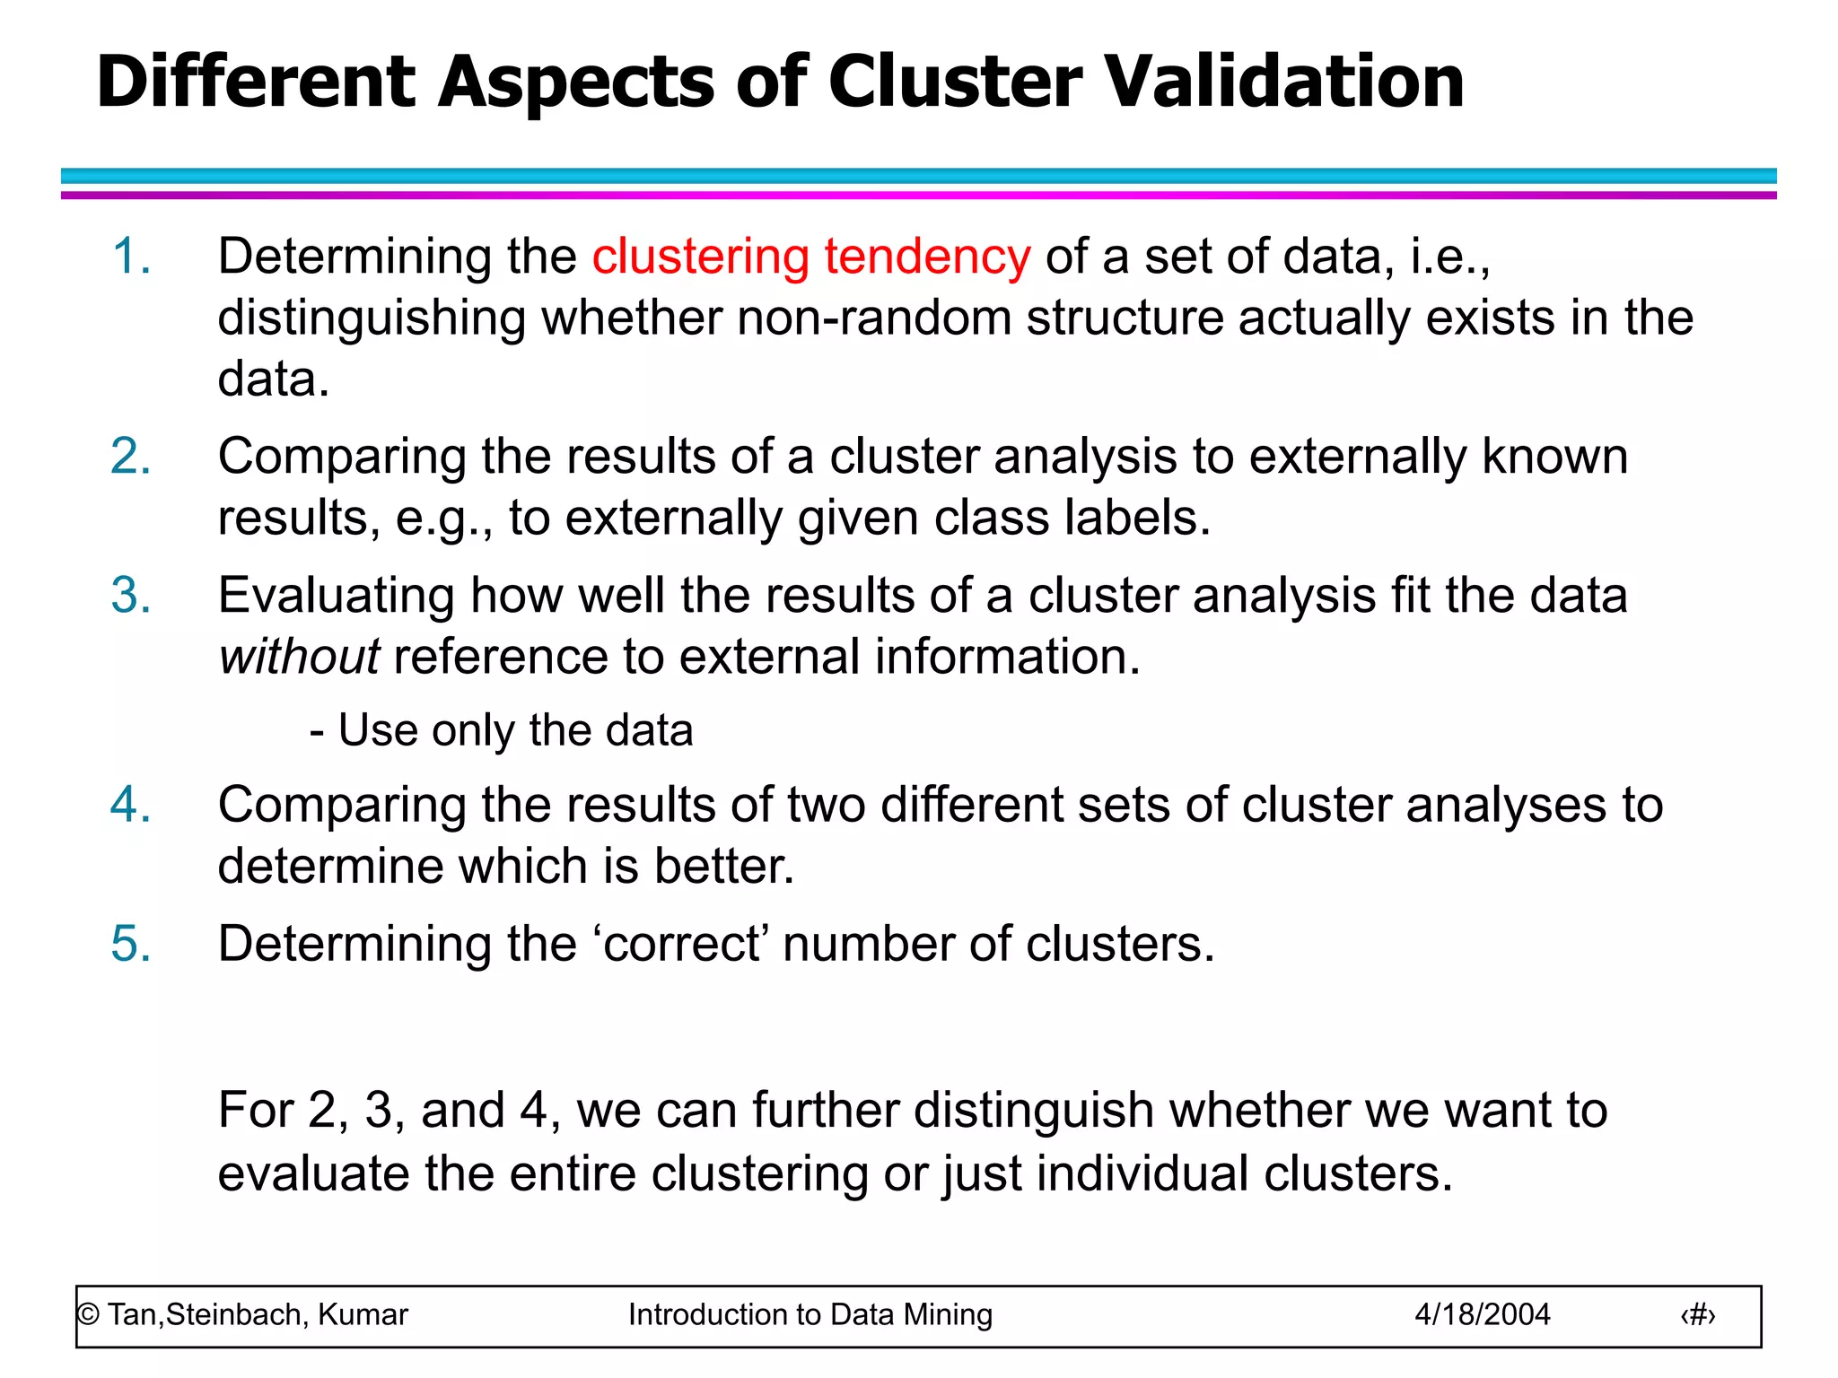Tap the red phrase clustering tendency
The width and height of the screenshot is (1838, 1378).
tap(811, 257)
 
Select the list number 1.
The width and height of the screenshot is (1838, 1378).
tap(131, 257)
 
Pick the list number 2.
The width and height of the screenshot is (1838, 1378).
tap(131, 457)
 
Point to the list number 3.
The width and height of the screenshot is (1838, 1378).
tap(131, 596)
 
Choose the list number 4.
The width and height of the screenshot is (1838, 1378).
tap(131, 805)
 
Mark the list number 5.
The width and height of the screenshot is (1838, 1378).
tap(131, 945)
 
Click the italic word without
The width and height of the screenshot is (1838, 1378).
tap(300, 657)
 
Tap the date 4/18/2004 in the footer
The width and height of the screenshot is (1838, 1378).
tap(1483, 1315)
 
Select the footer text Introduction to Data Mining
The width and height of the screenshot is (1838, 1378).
tap(810, 1315)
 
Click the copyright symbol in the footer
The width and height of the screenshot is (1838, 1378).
tap(88, 1315)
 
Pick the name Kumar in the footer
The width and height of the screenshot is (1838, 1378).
tap(363, 1315)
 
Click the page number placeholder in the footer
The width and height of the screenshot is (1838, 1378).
tap(1698, 1315)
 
